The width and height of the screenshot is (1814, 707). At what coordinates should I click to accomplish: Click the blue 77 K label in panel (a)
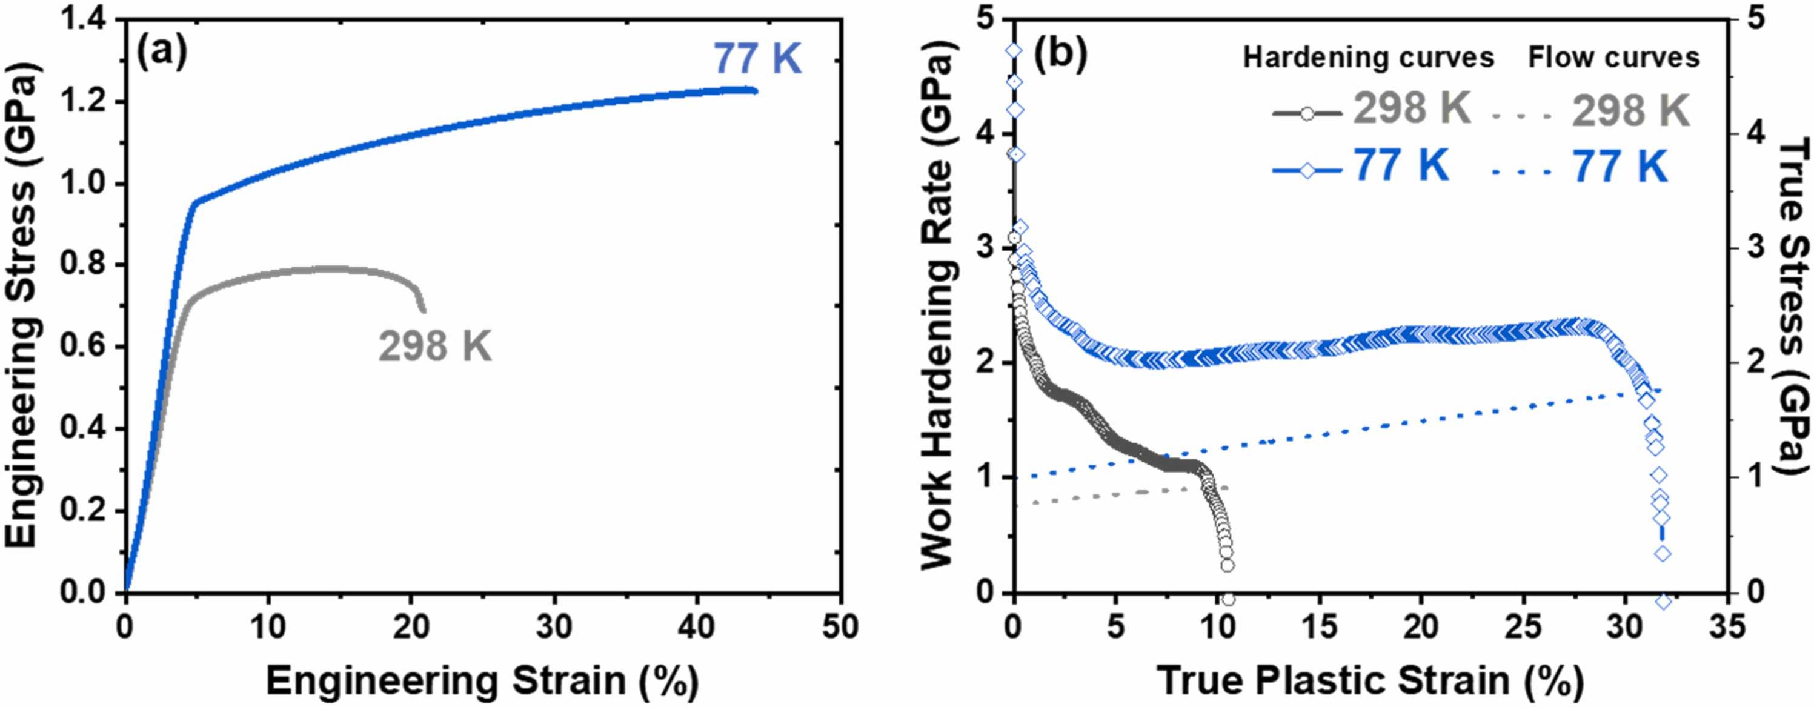pos(758,58)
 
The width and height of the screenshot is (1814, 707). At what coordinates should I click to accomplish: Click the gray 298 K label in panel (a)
pos(435,347)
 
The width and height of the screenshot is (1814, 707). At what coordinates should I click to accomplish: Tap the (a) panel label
pos(162,52)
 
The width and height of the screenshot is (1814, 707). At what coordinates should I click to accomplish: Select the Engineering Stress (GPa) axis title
pos(22,307)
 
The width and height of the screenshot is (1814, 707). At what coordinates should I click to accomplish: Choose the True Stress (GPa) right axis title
pos(1793,307)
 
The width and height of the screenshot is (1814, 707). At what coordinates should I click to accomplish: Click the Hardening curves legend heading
pos(1368,58)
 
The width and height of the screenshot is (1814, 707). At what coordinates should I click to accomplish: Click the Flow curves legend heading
pos(1613,58)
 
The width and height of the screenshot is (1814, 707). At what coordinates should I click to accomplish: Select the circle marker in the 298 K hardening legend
pos(1307,113)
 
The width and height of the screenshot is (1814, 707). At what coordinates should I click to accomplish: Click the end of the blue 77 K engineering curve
pos(756,91)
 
